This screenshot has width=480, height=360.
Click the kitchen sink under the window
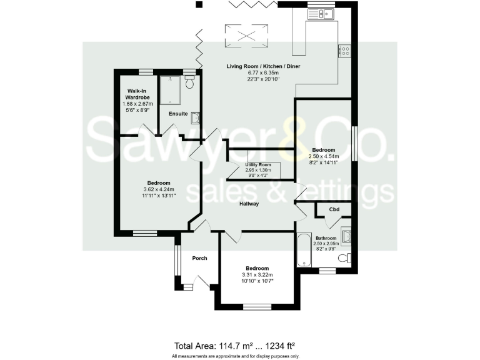[x=326, y=14]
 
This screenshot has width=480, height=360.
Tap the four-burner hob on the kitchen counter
[x=344, y=51]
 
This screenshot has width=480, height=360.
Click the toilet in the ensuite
[x=191, y=82]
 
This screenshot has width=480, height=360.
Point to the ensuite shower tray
[x=171, y=91]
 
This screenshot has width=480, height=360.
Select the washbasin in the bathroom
[x=346, y=236]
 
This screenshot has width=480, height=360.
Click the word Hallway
[x=248, y=204]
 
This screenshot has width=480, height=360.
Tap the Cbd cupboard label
[x=334, y=209]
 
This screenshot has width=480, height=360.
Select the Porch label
[x=199, y=258]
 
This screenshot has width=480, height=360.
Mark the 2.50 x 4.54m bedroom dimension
[x=324, y=157]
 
